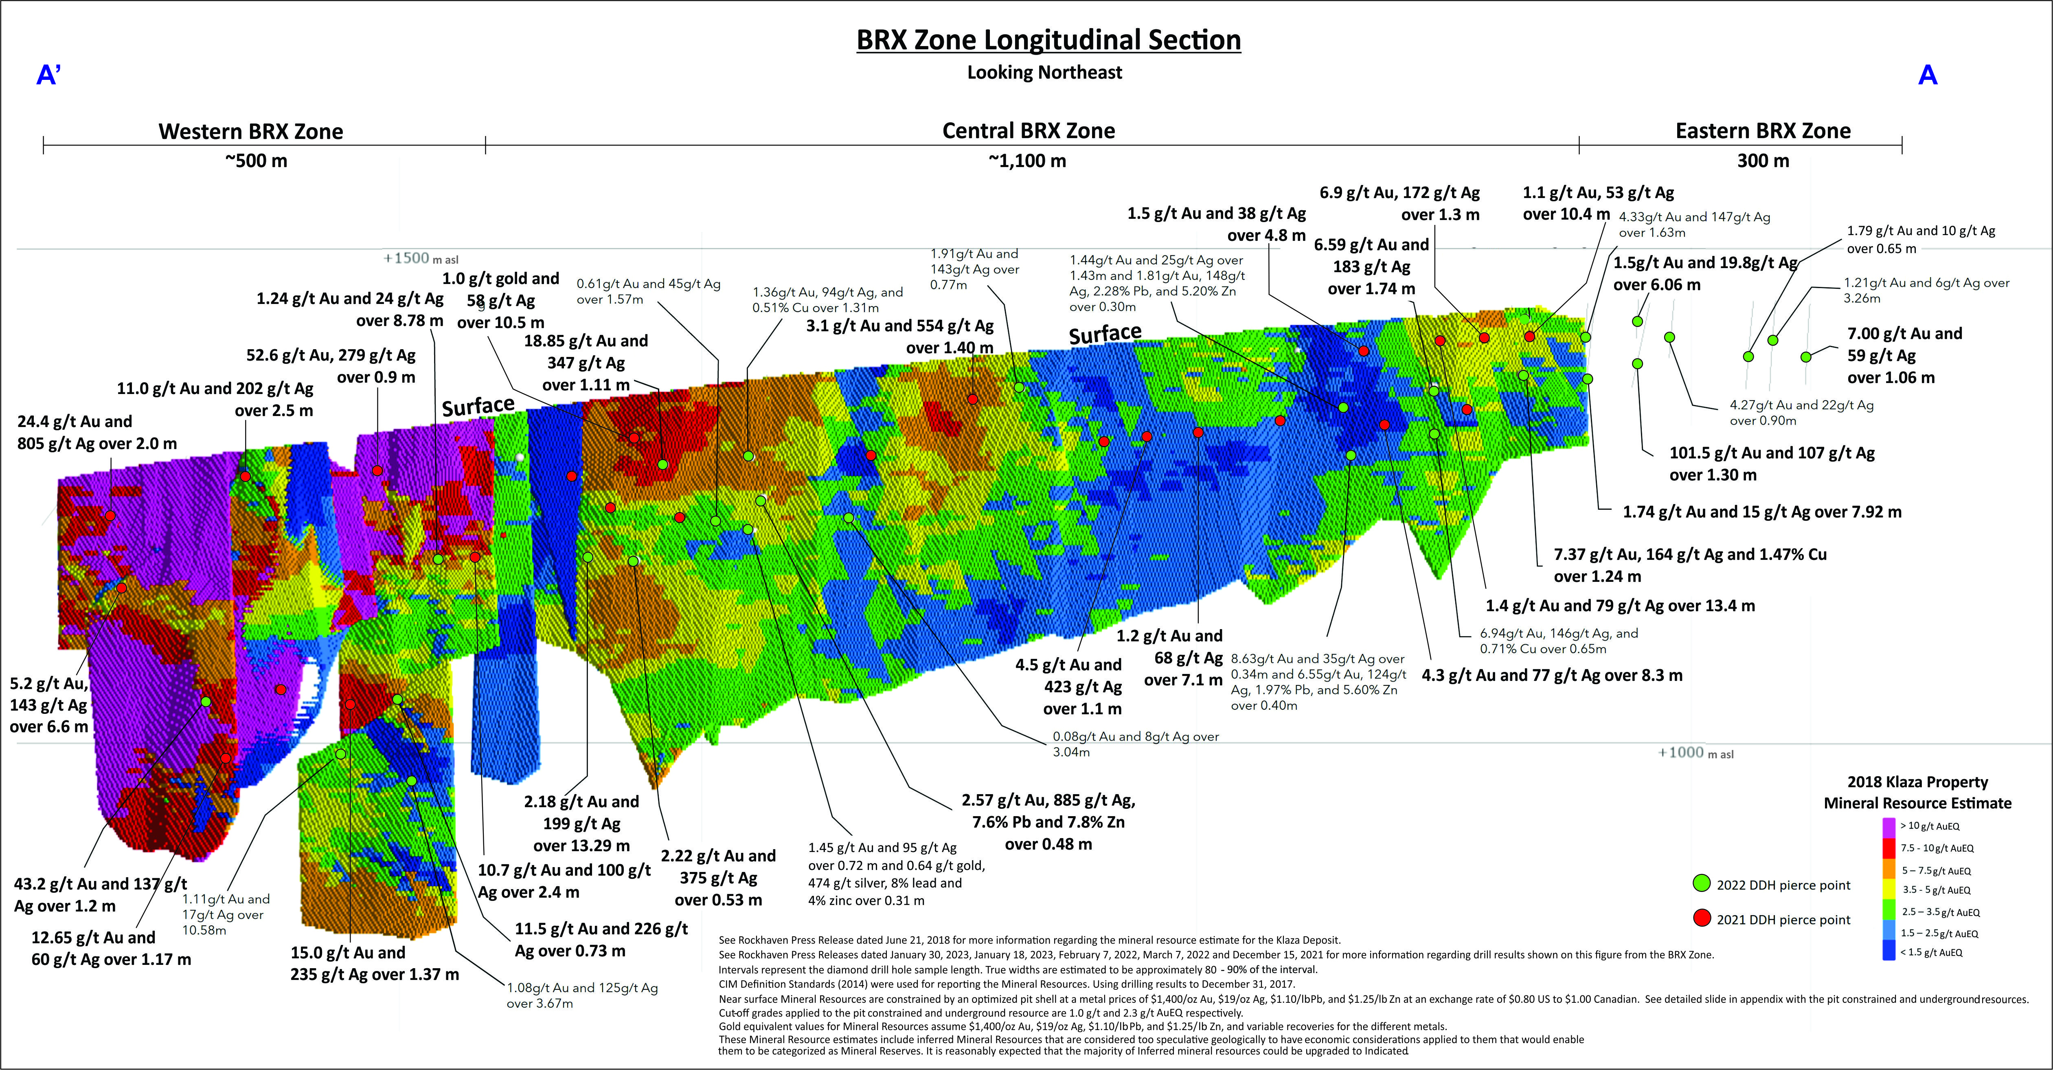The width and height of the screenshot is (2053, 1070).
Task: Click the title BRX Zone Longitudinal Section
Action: click(x=1048, y=40)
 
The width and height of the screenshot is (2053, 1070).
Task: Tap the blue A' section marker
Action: click(x=48, y=75)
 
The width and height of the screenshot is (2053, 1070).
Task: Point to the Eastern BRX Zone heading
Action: click(x=1763, y=131)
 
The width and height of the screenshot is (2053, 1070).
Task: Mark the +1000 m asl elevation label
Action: click(x=1695, y=753)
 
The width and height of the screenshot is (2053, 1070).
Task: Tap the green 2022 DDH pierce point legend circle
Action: click(x=1702, y=883)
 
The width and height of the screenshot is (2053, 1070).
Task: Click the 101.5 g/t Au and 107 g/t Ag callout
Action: click(x=1772, y=463)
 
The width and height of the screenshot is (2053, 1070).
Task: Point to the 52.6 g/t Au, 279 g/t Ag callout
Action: click(x=331, y=366)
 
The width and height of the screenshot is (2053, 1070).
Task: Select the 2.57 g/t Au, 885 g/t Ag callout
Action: click(x=1048, y=821)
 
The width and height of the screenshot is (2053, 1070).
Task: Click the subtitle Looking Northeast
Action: click(x=1044, y=73)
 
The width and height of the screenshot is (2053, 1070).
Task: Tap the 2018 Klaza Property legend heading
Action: click(x=1917, y=792)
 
